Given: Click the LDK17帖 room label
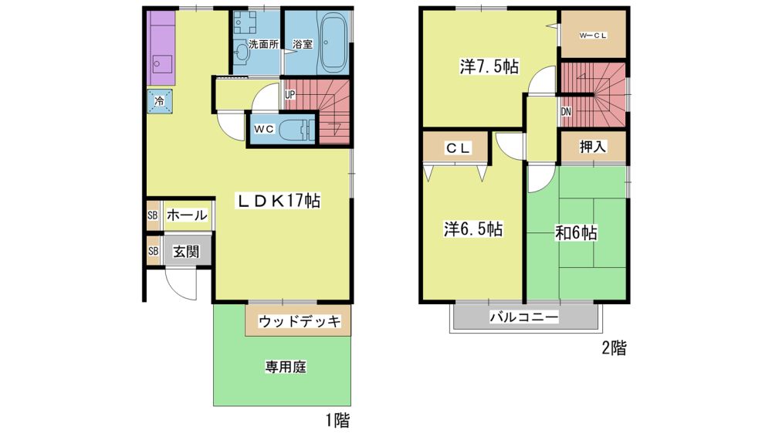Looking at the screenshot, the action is (279, 201).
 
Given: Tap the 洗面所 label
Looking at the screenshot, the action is (263, 44).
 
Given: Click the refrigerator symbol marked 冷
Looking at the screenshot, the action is (160, 101).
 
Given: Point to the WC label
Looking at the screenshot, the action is (263, 129).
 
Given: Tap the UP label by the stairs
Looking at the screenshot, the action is (290, 94).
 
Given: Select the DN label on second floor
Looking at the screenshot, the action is (566, 112).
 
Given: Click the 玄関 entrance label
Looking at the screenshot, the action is (186, 251).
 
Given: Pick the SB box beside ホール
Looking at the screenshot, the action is (153, 215).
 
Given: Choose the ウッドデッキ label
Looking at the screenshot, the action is (300, 321).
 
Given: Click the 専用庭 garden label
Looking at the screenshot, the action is (286, 367).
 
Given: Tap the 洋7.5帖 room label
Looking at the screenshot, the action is (489, 66).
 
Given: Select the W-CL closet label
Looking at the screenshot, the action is (593, 36).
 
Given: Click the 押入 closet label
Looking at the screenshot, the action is (593, 146).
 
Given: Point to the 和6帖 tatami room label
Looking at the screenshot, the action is (576, 232).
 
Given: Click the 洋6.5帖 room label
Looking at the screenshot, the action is (473, 229).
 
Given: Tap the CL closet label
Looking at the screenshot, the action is (458, 147).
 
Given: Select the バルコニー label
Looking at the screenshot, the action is (524, 317).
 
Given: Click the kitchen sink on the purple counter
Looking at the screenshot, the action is (162, 64).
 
